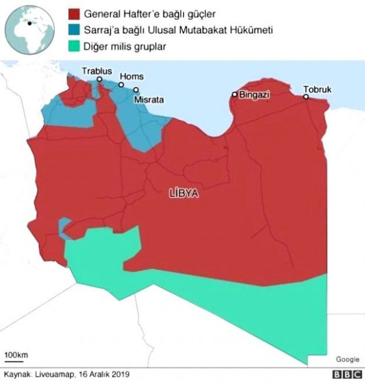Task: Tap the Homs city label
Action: coord(131,76)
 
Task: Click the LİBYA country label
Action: coord(184,194)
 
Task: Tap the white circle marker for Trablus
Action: coord(100,79)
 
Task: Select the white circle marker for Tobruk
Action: coord(306,97)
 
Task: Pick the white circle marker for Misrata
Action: coord(136,90)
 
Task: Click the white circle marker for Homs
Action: coord(121,85)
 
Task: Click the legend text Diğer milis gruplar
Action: coord(125,46)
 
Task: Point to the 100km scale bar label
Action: coord(16,355)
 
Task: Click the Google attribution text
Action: coord(347,360)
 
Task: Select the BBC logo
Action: coord(346,375)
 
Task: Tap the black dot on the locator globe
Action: coord(29,23)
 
